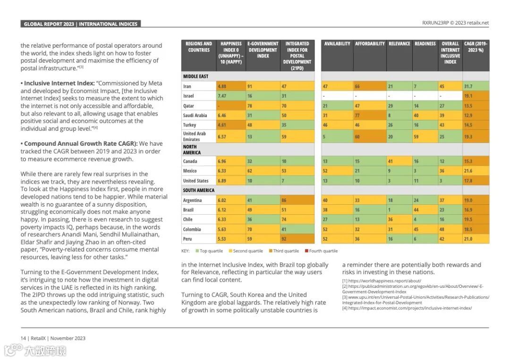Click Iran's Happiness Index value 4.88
(x=221, y=86)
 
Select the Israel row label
(x=188, y=96)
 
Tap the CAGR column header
(x=476, y=47)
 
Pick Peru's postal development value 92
(x=284, y=239)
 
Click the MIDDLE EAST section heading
(x=195, y=76)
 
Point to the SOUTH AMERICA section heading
(x=198, y=191)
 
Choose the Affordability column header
(x=370, y=44)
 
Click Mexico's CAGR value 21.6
(x=468, y=171)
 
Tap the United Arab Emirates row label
(x=195, y=136)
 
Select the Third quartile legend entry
(x=286, y=251)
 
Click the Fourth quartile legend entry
(x=323, y=251)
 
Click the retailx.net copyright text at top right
(x=455, y=23)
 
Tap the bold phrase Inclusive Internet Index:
(x=58, y=83)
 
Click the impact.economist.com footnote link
(x=410, y=308)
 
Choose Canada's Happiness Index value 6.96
(x=221, y=161)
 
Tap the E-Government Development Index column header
(x=263, y=50)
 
